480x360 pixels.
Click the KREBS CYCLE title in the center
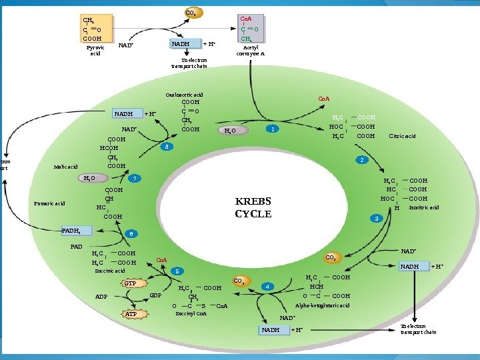(x=253, y=207)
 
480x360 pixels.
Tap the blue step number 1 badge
(x=271, y=129)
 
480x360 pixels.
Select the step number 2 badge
(x=362, y=161)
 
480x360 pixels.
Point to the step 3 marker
(x=377, y=219)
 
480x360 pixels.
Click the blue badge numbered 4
(x=267, y=287)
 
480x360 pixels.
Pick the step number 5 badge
(x=177, y=271)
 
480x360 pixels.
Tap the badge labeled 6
(x=132, y=234)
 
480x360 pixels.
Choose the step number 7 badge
(x=135, y=179)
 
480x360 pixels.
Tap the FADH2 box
(x=71, y=231)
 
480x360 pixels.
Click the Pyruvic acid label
(x=95, y=51)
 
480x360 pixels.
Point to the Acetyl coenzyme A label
(x=251, y=51)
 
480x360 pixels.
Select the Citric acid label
(x=402, y=136)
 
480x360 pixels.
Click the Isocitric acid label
(x=424, y=207)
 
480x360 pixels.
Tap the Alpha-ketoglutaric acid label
(x=321, y=305)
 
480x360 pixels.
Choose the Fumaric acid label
(x=51, y=203)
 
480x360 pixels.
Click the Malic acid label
(x=66, y=167)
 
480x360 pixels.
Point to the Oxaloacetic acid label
(x=184, y=95)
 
